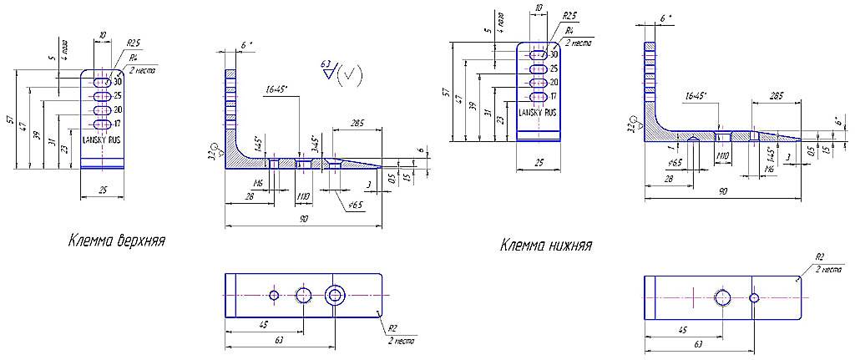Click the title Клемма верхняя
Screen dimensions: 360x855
point(116,241)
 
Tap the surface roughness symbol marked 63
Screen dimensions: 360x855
point(341,74)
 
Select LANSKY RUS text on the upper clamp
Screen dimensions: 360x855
point(101,140)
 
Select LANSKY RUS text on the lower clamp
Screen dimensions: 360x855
point(538,112)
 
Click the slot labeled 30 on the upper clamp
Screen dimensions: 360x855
point(102,83)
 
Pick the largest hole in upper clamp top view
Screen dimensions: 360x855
point(336,294)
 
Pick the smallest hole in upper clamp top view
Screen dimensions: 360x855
point(274,294)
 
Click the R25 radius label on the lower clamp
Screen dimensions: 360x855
point(569,16)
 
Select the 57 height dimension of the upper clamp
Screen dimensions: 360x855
point(11,120)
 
